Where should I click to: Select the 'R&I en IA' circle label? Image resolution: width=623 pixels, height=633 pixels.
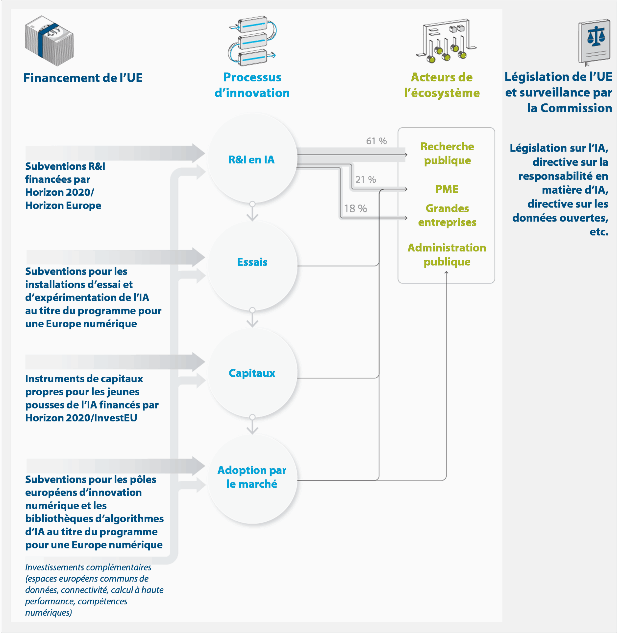[251, 159]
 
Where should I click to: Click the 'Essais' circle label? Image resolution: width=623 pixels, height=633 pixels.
[252, 262]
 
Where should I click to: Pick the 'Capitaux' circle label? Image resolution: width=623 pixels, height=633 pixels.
[252, 373]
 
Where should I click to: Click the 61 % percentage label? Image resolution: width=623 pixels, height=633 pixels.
[376, 141]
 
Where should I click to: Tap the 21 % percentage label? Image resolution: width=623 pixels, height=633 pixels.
[366, 180]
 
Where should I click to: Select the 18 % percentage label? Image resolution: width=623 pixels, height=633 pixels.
[355, 208]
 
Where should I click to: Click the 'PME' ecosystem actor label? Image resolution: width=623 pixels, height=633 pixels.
[447, 189]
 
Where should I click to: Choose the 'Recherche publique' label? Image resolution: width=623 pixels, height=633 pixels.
[447, 153]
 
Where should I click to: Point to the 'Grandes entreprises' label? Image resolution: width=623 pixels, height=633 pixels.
[447, 215]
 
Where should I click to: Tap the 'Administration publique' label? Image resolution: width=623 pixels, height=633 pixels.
[447, 255]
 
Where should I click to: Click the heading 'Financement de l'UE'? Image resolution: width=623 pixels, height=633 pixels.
[83, 78]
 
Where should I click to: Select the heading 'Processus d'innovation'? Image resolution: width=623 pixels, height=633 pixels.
[252, 85]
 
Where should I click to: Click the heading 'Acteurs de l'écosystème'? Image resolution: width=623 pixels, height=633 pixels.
[442, 85]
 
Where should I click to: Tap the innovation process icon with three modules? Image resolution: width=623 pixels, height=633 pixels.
[252, 41]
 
